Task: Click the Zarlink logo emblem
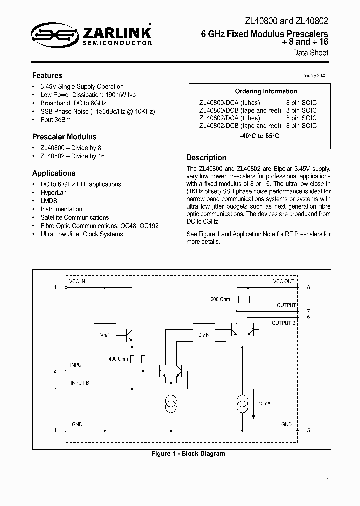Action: click(49, 34)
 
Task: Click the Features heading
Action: click(47, 76)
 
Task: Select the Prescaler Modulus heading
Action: click(64, 137)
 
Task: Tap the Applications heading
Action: click(54, 173)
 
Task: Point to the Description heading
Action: click(206, 158)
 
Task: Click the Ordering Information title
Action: click(266, 91)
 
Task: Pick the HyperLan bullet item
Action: click(54, 192)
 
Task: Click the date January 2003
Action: click(313, 75)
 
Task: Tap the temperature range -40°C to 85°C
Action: click(259, 136)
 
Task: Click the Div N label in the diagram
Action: click(204, 334)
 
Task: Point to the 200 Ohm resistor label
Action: click(220, 299)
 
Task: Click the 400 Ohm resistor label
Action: click(118, 359)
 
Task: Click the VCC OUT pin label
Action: click(283, 282)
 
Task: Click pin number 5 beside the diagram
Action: click(308, 430)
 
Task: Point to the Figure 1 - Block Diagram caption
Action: click(181, 454)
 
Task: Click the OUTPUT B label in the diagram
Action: click(283, 323)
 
